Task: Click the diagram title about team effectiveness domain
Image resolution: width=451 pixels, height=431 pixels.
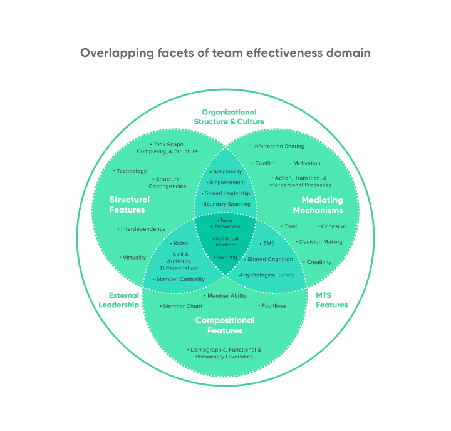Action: click(x=225, y=53)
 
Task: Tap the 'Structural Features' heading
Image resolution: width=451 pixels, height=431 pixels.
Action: click(x=130, y=205)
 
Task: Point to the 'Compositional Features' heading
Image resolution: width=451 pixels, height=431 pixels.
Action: click(x=225, y=325)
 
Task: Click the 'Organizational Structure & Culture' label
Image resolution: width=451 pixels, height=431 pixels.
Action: click(x=229, y=117)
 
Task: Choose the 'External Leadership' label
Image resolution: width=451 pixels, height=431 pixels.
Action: click(x=119, y=300)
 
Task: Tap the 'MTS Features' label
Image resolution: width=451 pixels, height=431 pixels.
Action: click(x=331, y=300)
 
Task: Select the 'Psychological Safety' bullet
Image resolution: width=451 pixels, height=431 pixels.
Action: click(x=267, y=275)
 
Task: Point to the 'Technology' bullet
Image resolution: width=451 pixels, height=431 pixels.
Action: click(x=130, y=171)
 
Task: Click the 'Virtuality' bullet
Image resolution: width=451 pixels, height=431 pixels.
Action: click(x=133, y=257)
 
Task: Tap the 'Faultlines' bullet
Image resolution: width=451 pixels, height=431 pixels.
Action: click(x=273, y=306)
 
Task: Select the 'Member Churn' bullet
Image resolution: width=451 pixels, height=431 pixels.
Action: click(x=182, y=307)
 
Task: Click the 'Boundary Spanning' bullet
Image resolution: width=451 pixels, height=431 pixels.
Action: click(x=226, y=205)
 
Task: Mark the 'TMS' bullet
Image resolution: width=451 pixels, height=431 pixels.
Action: click(x=267, y=243)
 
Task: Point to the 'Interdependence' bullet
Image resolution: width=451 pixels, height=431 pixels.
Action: click(x=142, y=229)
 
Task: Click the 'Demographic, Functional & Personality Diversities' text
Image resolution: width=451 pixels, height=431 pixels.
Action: click(x=225, y=353)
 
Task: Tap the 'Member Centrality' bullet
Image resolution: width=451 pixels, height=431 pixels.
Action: click(x=179, y=279)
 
